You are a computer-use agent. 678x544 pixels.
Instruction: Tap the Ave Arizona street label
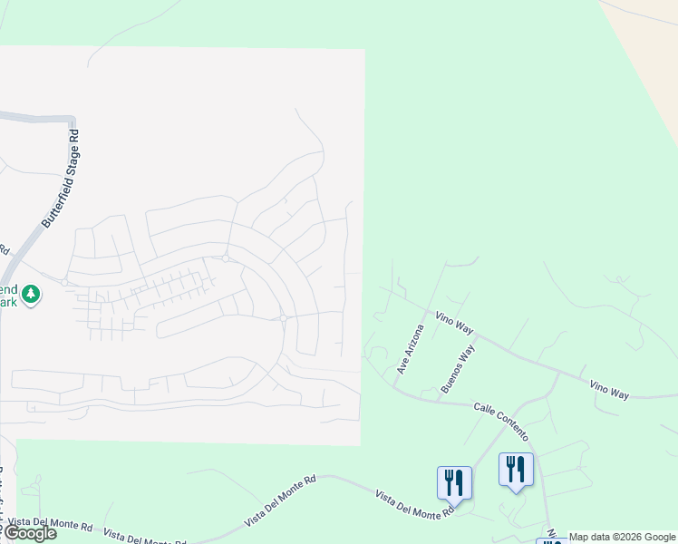point(411,349)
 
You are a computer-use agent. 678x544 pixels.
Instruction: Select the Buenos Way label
point(458,368)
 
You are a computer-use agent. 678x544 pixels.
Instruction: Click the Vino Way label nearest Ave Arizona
point(455,321)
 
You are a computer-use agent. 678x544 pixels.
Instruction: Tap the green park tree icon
point(32,294)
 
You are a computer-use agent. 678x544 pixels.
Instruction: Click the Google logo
point(30,533)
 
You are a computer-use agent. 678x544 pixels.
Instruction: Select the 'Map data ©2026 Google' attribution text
point(622,537)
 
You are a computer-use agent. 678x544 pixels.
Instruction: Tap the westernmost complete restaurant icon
point(453,481)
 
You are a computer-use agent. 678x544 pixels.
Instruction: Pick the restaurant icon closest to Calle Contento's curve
point(516,470)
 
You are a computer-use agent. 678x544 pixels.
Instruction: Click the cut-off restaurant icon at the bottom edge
point(551,540)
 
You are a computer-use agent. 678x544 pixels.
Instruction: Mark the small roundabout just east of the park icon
point(65,283)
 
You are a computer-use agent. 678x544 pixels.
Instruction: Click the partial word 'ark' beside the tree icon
point(9,302)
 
